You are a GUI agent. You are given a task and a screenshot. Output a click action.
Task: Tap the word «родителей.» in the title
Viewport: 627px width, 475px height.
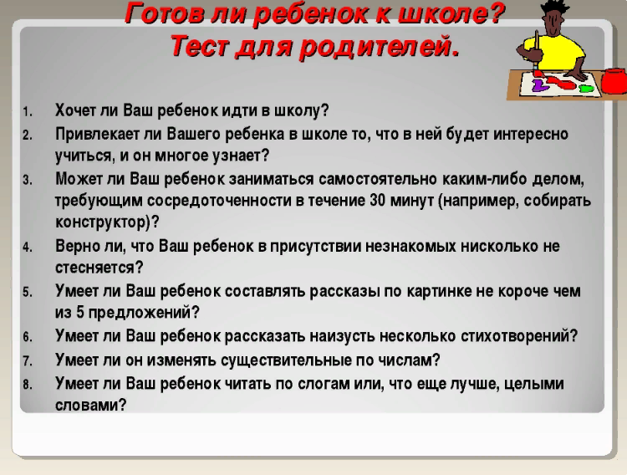tap(380, 46)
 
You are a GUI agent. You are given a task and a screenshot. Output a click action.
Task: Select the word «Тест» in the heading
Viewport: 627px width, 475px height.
tap(200, 45)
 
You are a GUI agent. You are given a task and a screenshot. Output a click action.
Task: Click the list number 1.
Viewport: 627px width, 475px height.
tap(28, 112)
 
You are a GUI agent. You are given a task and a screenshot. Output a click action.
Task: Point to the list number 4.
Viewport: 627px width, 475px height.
tap(28, 248)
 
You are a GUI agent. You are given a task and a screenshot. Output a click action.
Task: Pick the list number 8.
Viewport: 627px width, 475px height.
tap(28, 385)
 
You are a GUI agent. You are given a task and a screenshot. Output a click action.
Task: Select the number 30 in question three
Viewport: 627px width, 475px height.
tap(378, 200)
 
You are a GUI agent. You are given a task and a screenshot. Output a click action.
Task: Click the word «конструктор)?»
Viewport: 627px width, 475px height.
tap(107, 222)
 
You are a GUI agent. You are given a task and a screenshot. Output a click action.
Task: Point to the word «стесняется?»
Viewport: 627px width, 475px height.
tap(99, 268)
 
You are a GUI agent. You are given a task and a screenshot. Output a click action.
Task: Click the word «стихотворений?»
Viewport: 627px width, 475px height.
tap(519, 336)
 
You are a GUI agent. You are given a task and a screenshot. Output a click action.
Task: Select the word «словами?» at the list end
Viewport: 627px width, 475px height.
tap(91, 406)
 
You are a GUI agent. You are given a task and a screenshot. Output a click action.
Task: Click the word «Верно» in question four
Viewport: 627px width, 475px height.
tap(77, 246)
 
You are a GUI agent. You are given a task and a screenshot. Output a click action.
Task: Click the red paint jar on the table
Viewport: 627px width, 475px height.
tap(614, 81)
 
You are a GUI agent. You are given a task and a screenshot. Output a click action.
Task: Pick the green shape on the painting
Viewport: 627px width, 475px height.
tap(586, 88)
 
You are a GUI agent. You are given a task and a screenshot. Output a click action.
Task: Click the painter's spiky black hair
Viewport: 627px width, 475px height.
tap(554, 7)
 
